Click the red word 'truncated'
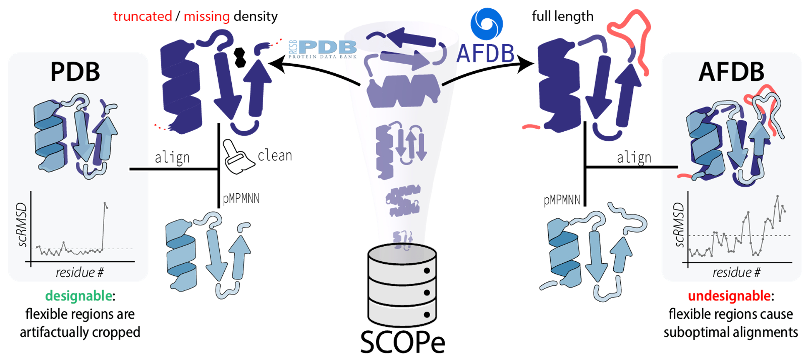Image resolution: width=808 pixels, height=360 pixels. [142, 16]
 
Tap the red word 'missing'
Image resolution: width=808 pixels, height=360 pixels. [206, 16]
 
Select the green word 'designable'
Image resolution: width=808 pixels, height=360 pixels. [78, 296]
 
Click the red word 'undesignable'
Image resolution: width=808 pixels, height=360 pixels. [729, 296]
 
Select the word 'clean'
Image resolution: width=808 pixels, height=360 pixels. [275, 155]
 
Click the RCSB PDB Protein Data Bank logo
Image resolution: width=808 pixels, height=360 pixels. [323, 49]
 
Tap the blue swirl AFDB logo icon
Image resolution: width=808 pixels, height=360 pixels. [486, 24]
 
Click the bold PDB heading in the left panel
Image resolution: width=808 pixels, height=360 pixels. [75, 72]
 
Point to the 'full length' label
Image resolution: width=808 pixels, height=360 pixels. [562, 16]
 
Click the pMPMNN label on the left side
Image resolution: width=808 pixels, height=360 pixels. [241, 199]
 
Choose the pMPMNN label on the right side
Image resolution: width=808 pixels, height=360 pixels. [562, 200]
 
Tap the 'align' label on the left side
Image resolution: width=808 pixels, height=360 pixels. [172, 157]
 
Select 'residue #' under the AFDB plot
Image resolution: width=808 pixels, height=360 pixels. [736, 272]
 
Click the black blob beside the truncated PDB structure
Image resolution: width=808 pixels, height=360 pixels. [240, 57]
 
